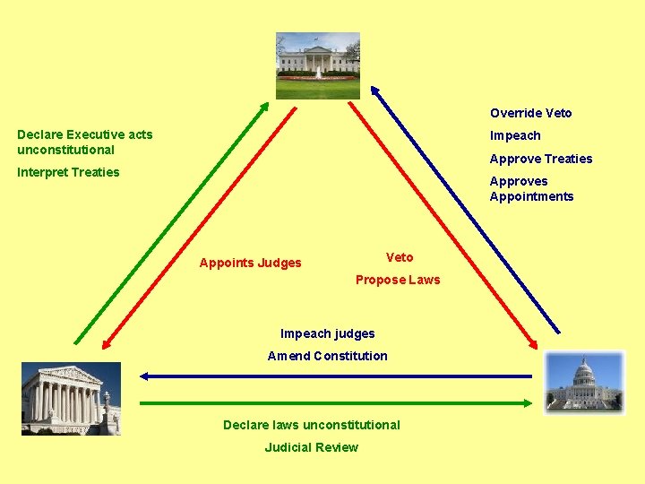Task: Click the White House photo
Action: click(x=317, y=65)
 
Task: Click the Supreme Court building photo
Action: click(x=71, y=400)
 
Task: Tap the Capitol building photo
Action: click(x=585, y=383)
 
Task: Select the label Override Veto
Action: click(x=530, y=113)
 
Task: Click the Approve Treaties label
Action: click(x=540, y=159)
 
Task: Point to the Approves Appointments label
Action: click(x=531, y=188)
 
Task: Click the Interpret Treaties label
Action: click(x=68, y=172)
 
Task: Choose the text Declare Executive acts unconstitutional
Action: click(x=84, y=142)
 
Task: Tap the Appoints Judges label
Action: click(x=250, y=263)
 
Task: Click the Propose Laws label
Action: click(x=398, y=280)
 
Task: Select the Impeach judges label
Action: click(x=327, y=333)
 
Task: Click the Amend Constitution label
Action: click(x=327, y=356)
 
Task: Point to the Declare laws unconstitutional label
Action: click(x=311, y=424)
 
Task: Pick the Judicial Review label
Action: click(x=311, y=447)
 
